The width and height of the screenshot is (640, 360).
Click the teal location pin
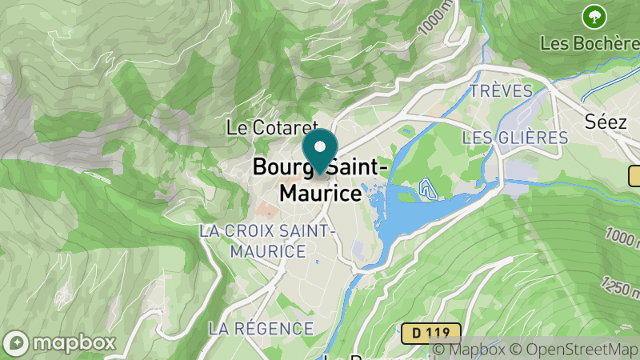coord(320,151)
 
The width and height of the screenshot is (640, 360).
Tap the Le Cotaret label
coord(273,127)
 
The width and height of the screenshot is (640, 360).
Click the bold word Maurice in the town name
coord(320,194)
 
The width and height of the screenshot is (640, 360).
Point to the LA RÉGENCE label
coord(261,328)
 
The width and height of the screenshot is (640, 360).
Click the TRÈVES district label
coord(501,90)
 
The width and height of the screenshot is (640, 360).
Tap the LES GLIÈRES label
coord(515,138)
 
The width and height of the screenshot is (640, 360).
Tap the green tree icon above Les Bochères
coord(593,15)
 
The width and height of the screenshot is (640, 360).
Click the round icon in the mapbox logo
coord(16,342)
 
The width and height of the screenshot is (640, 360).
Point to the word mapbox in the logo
coord(73,342)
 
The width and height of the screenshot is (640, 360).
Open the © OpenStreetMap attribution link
coord(574,350)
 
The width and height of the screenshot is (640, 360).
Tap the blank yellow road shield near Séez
coord(636,176)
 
